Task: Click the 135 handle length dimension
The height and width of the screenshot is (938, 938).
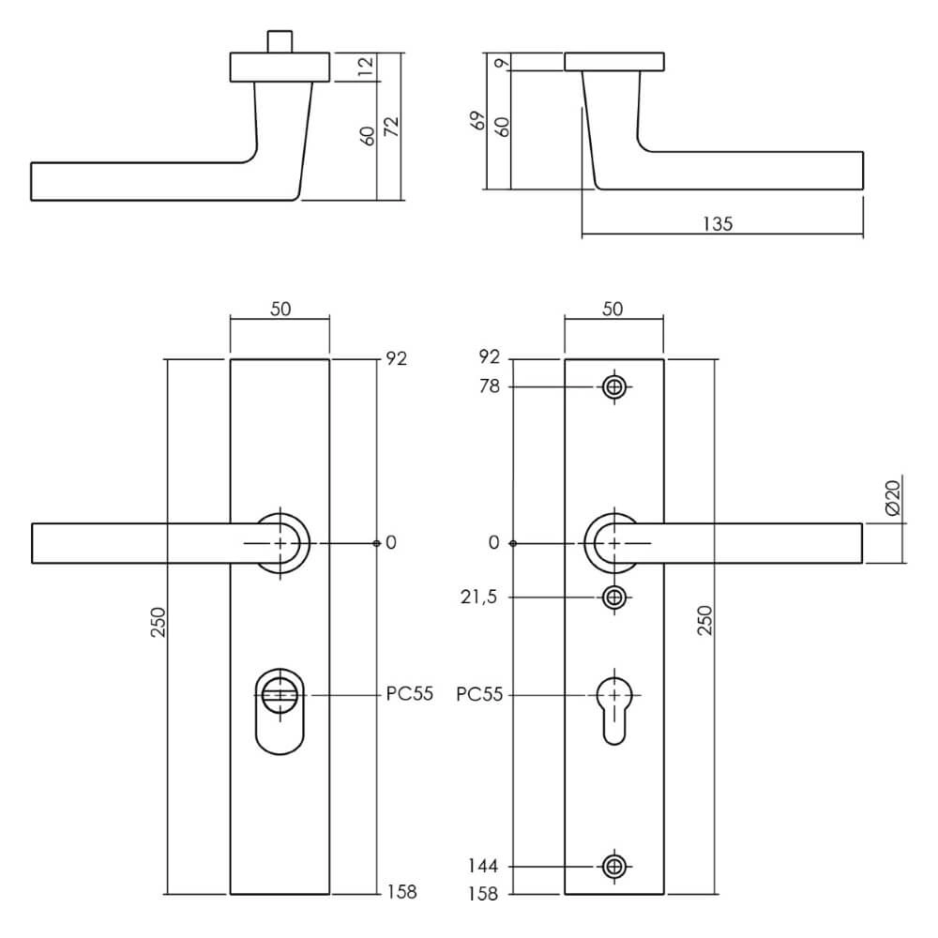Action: click(x=717, y=223)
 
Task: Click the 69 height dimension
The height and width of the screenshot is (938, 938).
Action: click(x=477, y=122)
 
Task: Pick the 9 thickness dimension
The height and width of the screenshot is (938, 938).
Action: click(x=505, y=63)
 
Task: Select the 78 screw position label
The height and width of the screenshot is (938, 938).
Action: click(x=490, y=386)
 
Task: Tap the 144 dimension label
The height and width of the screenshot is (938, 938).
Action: click(x=486, y=867)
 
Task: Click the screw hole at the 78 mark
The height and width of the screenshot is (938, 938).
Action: click(x=614, y=386)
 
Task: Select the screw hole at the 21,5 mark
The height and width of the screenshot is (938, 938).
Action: click(x=614, y=598)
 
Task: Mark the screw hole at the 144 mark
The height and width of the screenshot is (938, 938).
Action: click(x=614, y=867)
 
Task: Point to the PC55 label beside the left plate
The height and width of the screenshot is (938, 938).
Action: click(x=409, y=695)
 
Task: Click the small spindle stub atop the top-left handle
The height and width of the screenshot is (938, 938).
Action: click(x=279, y=42)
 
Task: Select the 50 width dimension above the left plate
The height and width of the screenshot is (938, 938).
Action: click(x=280, y=310)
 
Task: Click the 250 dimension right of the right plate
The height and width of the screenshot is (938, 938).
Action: click(x=704, y=621)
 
